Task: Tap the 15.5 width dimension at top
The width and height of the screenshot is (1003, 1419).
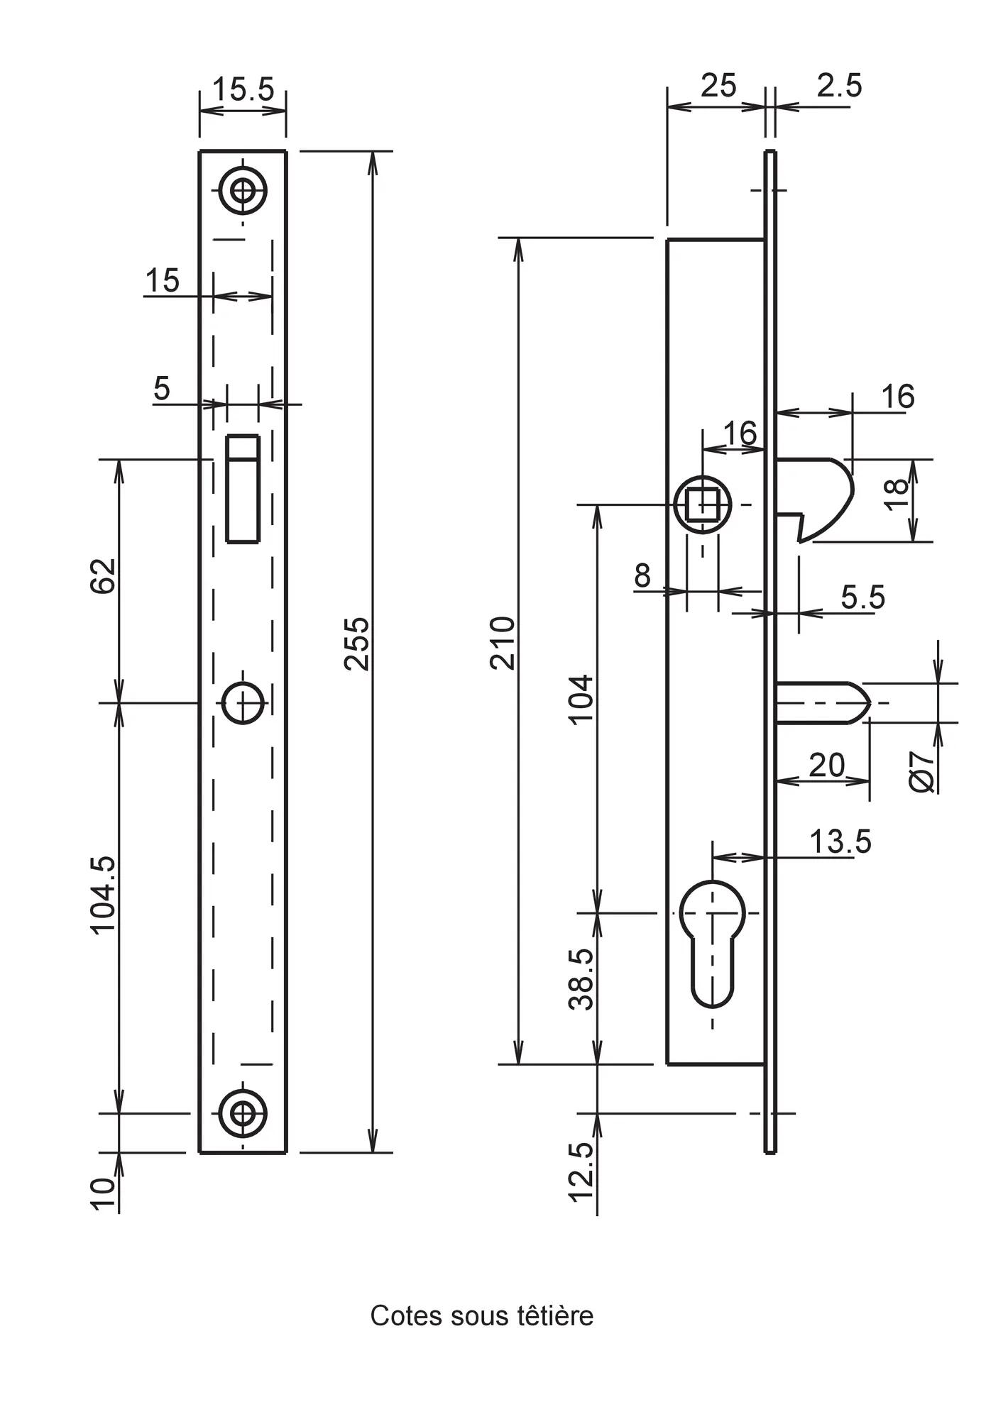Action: pos(243,89)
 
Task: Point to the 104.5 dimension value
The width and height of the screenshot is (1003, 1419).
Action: pos(104,895)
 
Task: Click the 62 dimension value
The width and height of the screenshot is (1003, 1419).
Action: pos(104,575)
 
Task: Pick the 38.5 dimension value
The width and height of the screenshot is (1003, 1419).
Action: pos(581,979)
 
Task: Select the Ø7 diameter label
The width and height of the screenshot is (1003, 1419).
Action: pos(922,771)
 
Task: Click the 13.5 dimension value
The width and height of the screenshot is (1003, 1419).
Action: pos(840,841)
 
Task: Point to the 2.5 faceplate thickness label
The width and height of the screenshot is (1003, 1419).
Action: pos(839,86)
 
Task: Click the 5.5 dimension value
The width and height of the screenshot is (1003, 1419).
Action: pos(863,597)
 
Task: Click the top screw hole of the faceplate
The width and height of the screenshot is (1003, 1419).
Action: pos(243,190)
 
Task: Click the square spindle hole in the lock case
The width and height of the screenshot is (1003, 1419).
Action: pos(703,504)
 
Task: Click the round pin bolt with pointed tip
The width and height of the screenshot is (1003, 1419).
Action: pos(823,702)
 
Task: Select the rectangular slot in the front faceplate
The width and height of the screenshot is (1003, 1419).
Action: pos(243,489)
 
